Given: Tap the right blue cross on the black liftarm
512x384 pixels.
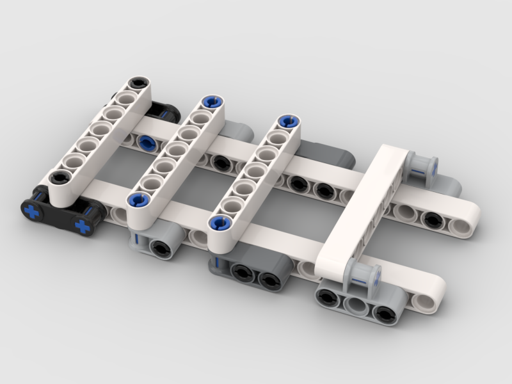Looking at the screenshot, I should tap(83, 225).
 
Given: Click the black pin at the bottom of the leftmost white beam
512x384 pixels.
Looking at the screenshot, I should tap(59, 179).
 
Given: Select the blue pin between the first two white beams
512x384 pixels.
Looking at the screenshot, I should tap(147, 143).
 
